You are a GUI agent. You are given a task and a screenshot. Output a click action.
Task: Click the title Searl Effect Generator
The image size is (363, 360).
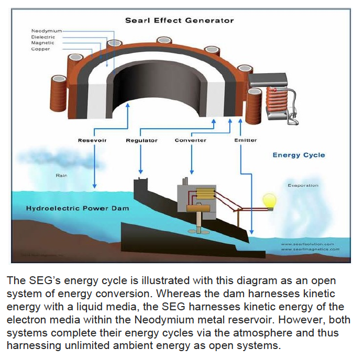tap(179, 20)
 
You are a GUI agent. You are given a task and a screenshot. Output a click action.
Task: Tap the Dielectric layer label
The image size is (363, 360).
tap(43, 37)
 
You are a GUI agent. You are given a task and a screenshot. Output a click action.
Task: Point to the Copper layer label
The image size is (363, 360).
tap(40, 49)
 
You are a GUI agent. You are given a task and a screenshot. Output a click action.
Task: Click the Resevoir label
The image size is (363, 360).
tap(92, 140)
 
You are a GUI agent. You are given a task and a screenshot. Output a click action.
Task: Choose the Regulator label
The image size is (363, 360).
tap(141, 140)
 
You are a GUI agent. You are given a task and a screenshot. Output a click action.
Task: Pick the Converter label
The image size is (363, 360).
tap(190, 140)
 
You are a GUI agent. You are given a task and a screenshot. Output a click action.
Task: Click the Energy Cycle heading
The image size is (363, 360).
tap(299, 155)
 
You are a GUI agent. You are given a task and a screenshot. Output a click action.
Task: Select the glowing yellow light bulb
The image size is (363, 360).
tap(269, 201)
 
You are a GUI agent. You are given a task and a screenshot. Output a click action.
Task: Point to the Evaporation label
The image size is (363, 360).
tap(302, 185)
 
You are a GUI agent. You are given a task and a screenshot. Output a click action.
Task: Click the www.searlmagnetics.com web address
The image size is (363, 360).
tap(310, 250)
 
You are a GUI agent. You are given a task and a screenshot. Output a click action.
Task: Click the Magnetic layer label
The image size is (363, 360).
tap(42, 43)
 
